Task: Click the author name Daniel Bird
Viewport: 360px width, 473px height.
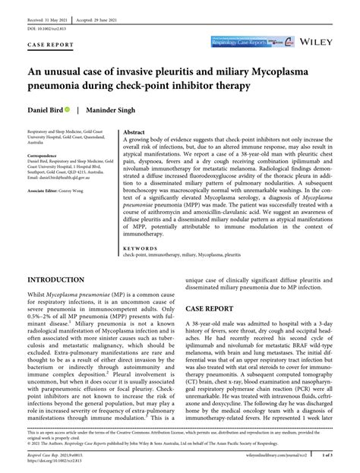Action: click(45, 111)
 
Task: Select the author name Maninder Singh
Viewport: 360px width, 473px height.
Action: click(114, 111)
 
